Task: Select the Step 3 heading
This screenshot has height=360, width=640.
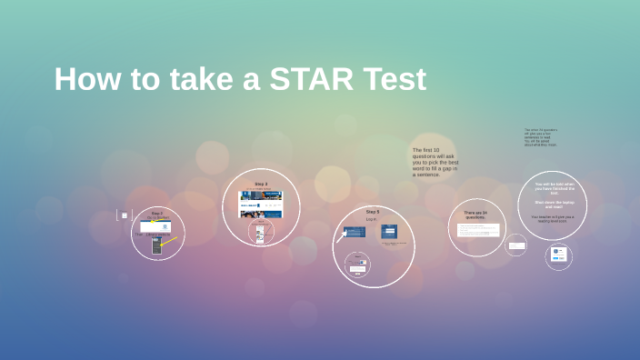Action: pyautogui.click(x=261, y=184)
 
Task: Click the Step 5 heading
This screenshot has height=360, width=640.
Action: pyautogui.click(x=372, y=212)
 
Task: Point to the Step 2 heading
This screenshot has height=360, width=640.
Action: pyautogui.click(x=157, y=214)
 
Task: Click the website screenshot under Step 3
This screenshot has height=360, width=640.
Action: pyautogui.click(x=260, y=204)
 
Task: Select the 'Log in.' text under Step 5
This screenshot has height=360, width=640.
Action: pyautogui.click(x=371, y=219)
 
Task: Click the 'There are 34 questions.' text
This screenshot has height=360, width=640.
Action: pyautogui.click(x=475, y=215)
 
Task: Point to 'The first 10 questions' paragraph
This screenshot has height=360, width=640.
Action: pyautogui.click(x=435, y=162)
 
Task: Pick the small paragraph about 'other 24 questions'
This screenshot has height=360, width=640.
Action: pyautogui.click(x=540, y=136)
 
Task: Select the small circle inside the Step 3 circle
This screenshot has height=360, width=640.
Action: pyautogui.click(x=260, y=235)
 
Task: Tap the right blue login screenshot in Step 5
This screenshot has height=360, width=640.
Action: pyautogui.click(x=389, y=232)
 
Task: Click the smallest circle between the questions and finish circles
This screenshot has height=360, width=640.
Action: pyautogui.click(x=516, y=245)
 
